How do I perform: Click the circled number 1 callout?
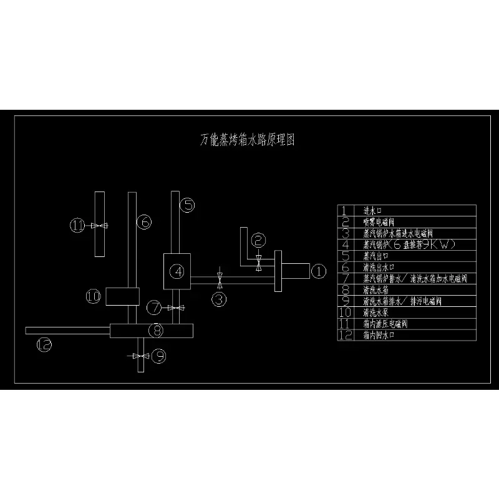318,271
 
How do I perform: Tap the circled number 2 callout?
259,239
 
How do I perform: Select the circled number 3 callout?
219,299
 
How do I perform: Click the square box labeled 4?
178,271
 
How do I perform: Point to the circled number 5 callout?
188,204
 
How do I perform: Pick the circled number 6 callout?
144,221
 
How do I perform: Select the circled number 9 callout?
160,356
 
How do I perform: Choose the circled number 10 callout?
93,297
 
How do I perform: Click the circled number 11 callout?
77,225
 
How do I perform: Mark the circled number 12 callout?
43,344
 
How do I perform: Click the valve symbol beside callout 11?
98,225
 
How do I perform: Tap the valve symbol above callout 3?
219,276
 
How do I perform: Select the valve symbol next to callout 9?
140,356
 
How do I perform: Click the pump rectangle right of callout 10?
122,296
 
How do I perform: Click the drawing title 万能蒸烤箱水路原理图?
248,140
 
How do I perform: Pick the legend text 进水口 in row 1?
372,210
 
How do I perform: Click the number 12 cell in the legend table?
345,335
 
